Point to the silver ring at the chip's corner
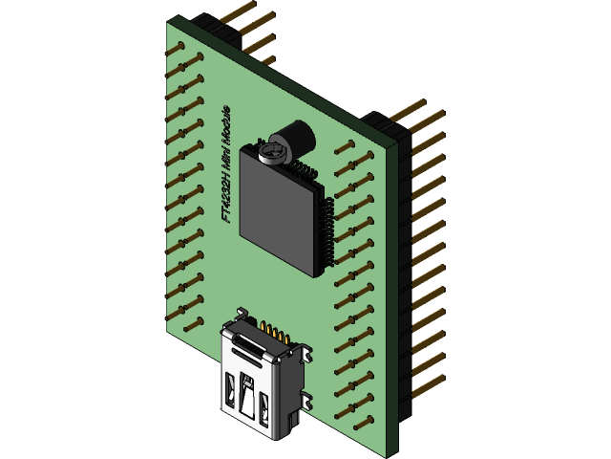tap(272, 152)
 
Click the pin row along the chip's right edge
tap(327, 234)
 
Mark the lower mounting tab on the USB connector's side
tap(303, 400)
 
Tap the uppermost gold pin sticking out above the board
tap(239, 10)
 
